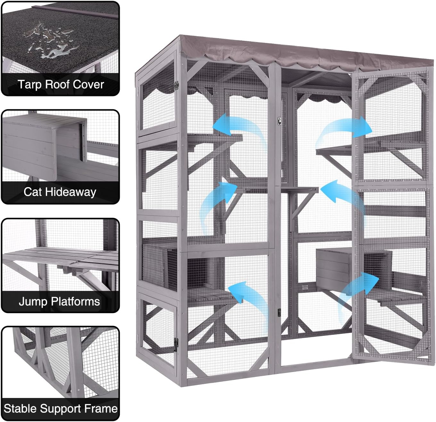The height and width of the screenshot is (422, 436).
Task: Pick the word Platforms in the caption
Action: [x=76, y=302]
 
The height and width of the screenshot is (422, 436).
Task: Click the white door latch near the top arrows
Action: [x=279, y=121]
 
